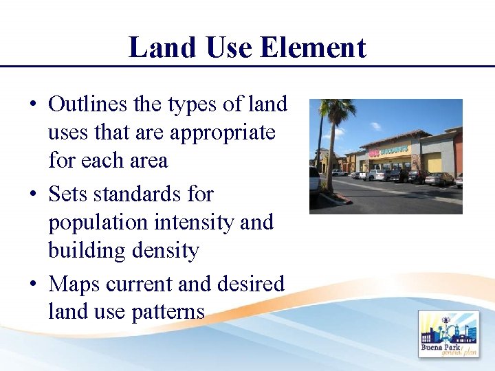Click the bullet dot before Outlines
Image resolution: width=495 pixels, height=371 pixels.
pyautogui.click(x=32, y=105)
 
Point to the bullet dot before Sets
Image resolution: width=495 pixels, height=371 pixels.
pyautogui.click(x=32, y=195)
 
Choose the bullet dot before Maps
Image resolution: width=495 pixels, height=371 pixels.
pyautogui.click(x=32, y=284)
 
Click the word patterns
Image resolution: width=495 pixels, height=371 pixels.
pyautogui.click(x=165, y=312)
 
